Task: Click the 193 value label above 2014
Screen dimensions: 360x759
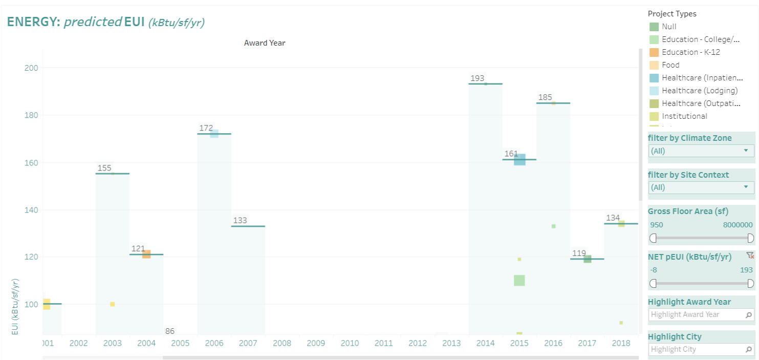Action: (x=477, y=78)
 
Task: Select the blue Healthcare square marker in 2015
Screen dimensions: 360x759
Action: (x=519, y=159)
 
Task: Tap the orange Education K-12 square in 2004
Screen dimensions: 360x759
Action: (x=146, y=254)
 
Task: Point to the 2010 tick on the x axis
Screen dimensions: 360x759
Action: (x=350, y=343)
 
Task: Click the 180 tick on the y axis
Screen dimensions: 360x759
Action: (x=31, y=115)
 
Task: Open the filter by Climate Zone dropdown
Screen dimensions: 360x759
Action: (x=701, y=151)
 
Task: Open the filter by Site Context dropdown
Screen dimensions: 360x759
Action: (x=701, y=187)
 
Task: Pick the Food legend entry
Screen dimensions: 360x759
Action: (x=670, y=65)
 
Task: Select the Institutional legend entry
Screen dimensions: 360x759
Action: (x=684, y=116)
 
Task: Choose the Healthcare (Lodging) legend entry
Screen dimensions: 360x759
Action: (x=700, y=91)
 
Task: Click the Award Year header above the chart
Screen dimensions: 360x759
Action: (x=265, y=43)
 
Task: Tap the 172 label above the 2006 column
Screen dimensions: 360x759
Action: (x=206, y=128)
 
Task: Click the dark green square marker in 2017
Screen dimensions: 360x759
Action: (x=588, y=259)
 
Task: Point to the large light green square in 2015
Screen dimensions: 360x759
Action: (x=519, y=281)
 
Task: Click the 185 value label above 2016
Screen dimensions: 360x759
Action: (x=545, y=97)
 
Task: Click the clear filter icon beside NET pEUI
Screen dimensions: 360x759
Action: (x=750, y=256)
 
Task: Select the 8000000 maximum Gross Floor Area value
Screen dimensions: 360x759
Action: (x=738, y=225)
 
